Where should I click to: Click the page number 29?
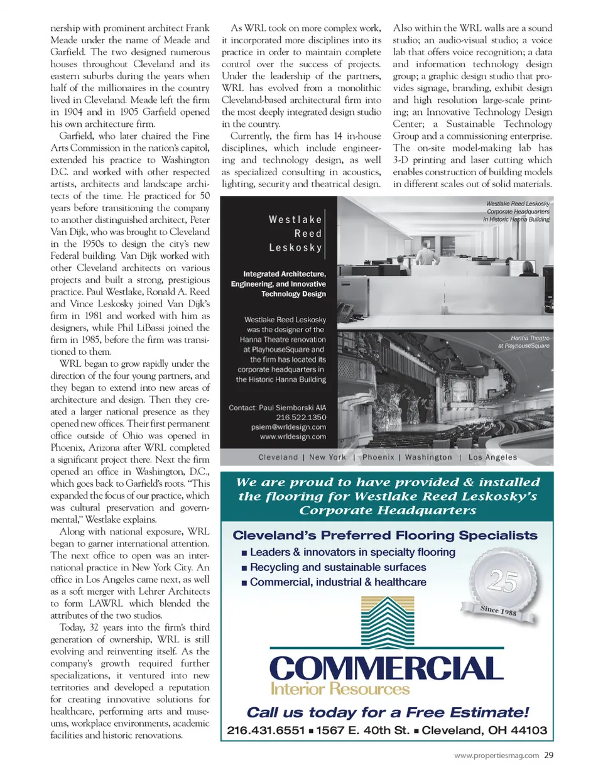tap(548, 755)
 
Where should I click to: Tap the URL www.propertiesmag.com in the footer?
tap(496, 756)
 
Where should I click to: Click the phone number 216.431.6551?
tap(265, 730)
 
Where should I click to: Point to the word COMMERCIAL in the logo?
tap(386, 668)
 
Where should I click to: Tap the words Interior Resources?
tap(340, 689)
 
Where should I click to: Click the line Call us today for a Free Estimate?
tap(388, 712)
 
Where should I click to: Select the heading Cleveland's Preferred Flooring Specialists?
tap(385, 535)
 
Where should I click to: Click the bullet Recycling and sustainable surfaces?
tap(337, 567)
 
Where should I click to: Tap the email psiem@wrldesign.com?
tap(288, 427)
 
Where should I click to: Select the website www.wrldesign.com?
tap(293, 437)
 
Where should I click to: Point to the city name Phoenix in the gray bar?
tap(378, 457)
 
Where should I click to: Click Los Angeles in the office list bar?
tap(492, 457)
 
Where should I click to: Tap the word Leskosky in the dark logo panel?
tap(295, 247)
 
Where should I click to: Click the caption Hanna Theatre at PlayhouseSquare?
tap(523, 342)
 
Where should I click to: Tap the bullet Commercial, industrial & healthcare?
tap(337, 582)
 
